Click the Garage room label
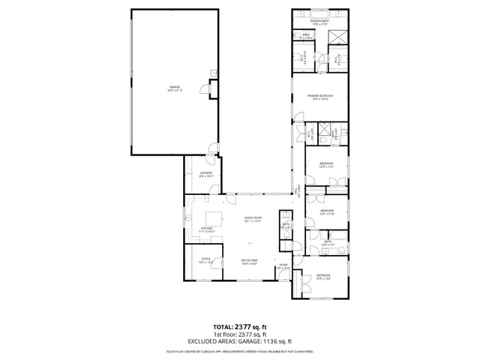[174, 89]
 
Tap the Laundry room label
[205, 175]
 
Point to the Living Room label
[252, 219]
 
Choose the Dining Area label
[250, 262]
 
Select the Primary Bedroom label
[320, 97]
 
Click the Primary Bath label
[322, 23]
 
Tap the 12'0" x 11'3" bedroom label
[325, 165]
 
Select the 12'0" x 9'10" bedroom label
[328, 212]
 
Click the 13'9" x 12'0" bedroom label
[322, 277]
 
